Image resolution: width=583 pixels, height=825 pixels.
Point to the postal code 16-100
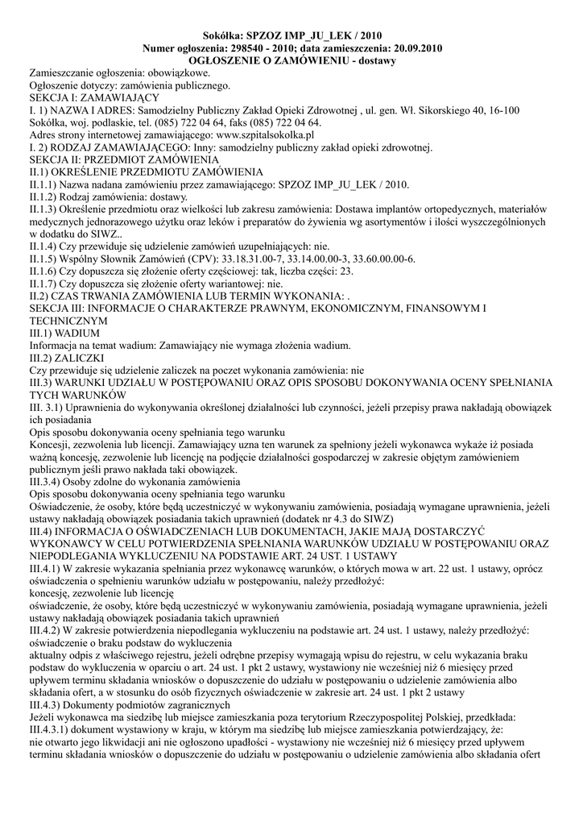tap(502, 110)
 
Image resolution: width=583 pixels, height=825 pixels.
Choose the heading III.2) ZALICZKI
tap(68, 357)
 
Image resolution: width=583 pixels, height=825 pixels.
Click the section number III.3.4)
tap(51, 480)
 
